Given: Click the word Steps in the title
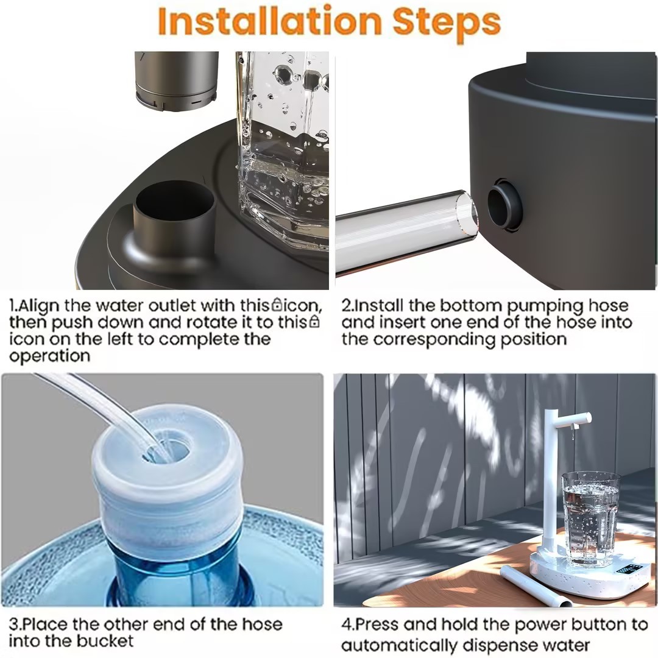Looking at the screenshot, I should point(447,23).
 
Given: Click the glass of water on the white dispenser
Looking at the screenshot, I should point(590,518).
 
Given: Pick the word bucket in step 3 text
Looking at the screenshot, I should point(104,641).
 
